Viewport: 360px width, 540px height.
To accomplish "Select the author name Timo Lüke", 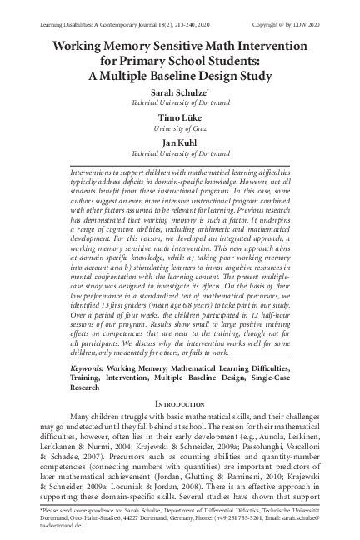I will [x=180, y=119].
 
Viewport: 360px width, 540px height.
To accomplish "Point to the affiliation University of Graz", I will [x=180, y=129].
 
